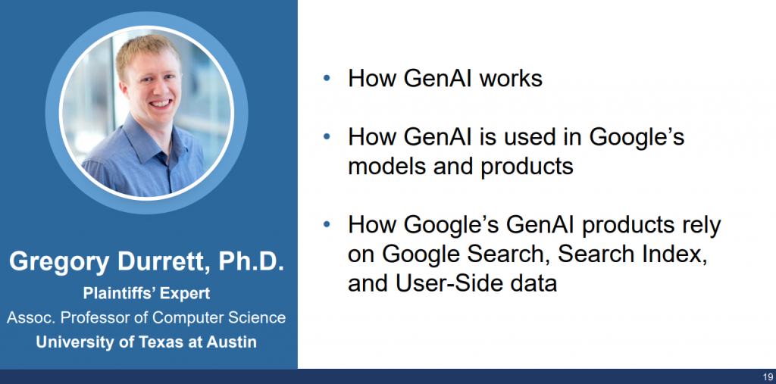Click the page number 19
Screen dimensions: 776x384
click(768, 377)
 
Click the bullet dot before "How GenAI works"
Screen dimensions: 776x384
click(326, 78)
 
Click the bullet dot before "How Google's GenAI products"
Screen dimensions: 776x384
click(326, 225)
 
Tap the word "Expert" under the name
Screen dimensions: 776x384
click(186, 293)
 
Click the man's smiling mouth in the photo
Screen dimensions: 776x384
click(161, 105)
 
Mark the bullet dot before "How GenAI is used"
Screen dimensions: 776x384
click(326, 136)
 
